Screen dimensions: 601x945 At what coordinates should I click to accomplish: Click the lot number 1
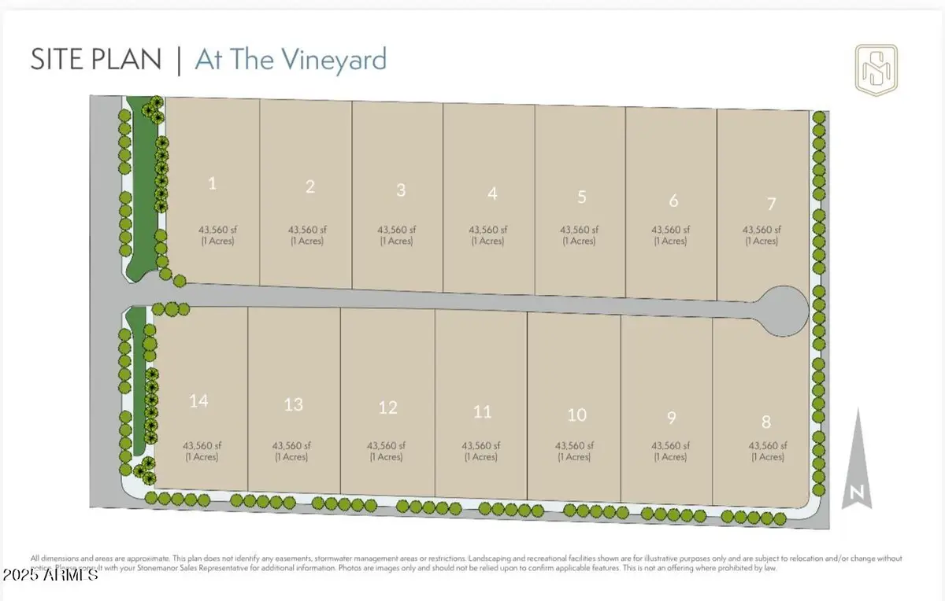point(213,184)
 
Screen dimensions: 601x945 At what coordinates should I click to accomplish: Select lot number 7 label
point(771,204)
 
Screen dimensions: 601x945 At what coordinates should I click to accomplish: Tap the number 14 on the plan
point(198,401)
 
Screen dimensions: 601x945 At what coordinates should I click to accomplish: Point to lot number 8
point(766,422)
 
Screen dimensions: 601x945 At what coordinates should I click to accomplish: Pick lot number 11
point(482,411)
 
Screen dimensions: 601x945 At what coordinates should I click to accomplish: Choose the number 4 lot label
point(492,194)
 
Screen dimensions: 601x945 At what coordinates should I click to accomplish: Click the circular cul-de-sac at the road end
point(783,310)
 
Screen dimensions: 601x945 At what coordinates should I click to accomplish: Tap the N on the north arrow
point(856,494)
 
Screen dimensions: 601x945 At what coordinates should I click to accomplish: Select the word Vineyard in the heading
point(338,61)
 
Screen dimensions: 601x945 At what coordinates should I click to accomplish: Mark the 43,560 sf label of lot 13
point(291,444)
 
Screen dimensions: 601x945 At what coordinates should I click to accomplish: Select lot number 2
point(310,186)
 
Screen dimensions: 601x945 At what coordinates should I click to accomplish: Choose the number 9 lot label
point(671,418)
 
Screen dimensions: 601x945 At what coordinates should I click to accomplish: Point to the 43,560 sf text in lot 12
point(386,444)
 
